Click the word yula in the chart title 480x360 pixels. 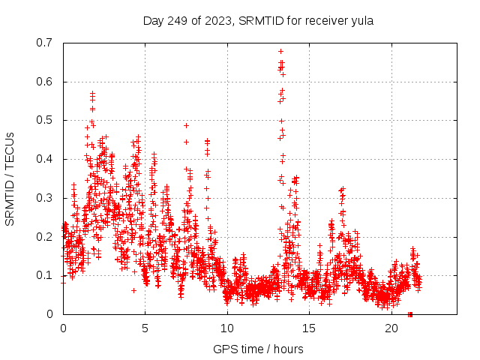(361, 21)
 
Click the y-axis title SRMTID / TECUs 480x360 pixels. (10, 178)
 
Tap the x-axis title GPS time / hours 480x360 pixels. (258, 349)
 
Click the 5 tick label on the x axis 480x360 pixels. (145, 328)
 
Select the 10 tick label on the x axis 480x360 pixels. (227, 328)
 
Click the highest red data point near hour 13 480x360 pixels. (280, 52)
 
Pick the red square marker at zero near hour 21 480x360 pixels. (409, 314)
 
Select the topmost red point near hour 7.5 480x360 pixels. (186, 125)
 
